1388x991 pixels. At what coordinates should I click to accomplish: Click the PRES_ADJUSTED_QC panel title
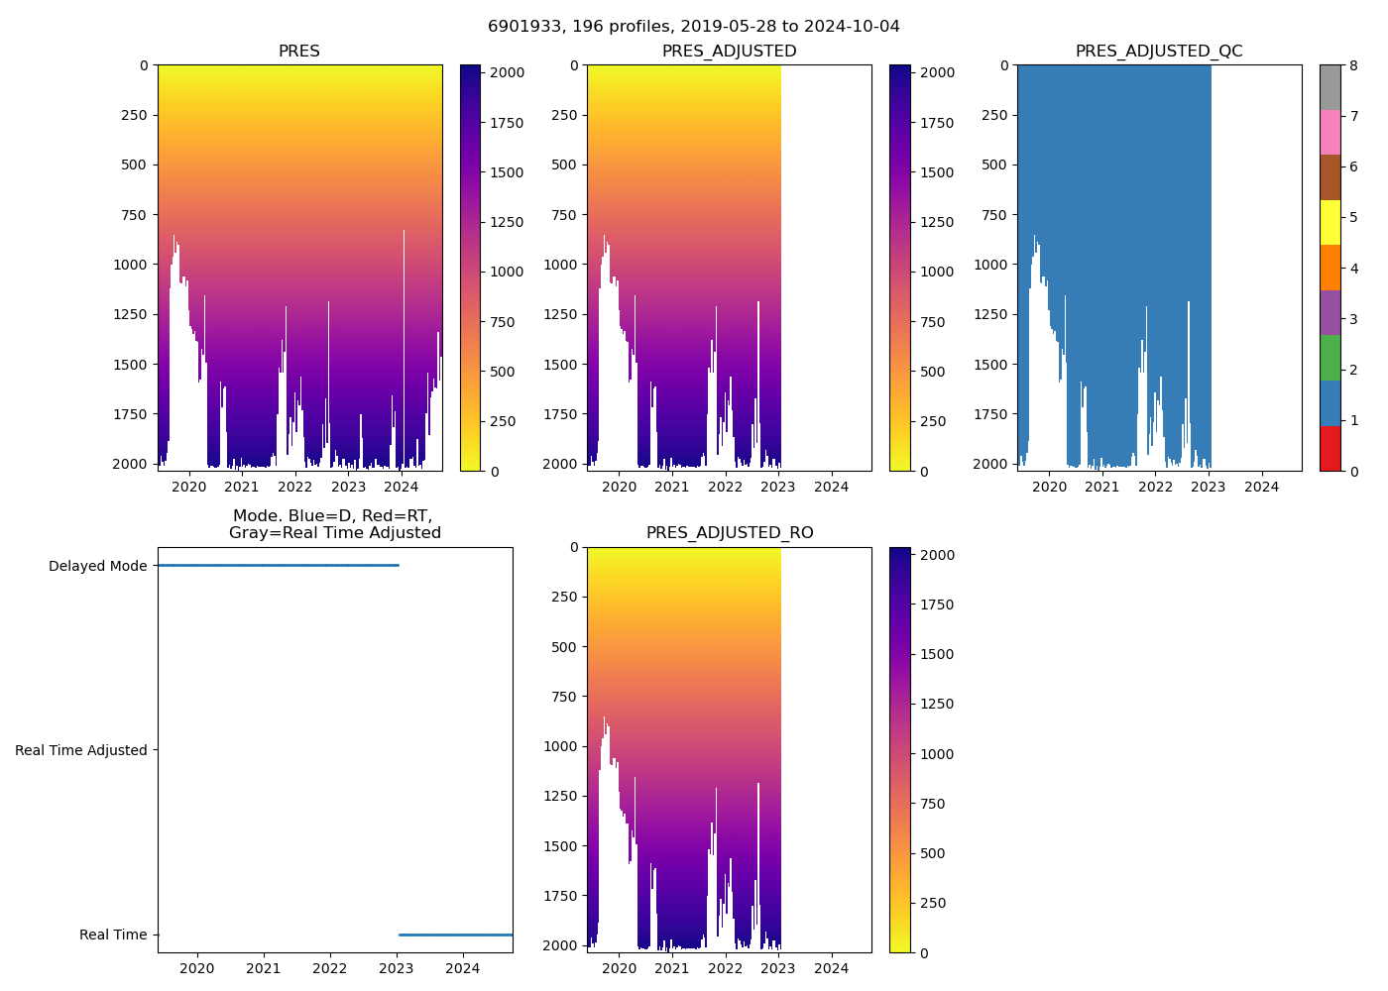tap(1159, 52)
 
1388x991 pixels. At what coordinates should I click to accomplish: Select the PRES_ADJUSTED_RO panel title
tap(730, 533)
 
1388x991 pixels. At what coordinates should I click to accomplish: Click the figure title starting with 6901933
tap(694, 27)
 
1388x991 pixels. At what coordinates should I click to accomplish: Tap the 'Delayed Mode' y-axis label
tap(97, 567)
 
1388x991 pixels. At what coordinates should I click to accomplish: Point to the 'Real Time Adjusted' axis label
tap(81, 751)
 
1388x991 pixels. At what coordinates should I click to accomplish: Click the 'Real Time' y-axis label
tap(113, 936)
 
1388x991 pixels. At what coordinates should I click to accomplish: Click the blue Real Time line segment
tap(456, 935)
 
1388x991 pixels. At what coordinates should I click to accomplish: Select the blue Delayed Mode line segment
tap(278, 565)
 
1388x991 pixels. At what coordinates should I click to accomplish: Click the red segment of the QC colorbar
tap(1330, 449)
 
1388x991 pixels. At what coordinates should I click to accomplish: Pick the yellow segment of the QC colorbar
tap(1330, 223)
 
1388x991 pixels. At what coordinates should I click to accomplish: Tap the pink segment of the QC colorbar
tap(1330, 133)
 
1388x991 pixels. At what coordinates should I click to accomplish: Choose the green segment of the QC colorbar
tap(1330, 358)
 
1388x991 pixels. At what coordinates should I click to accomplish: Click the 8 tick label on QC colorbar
tap(1353, 66)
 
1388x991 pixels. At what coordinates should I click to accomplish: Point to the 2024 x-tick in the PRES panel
tap(402, 487)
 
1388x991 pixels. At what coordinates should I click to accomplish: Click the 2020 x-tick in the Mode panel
tap(197, 968)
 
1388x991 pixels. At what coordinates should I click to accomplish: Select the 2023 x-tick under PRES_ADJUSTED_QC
tap(1209, 487)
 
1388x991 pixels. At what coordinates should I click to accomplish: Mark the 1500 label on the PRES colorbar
tap(508, 172)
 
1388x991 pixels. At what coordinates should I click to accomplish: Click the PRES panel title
tap(299, 52)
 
